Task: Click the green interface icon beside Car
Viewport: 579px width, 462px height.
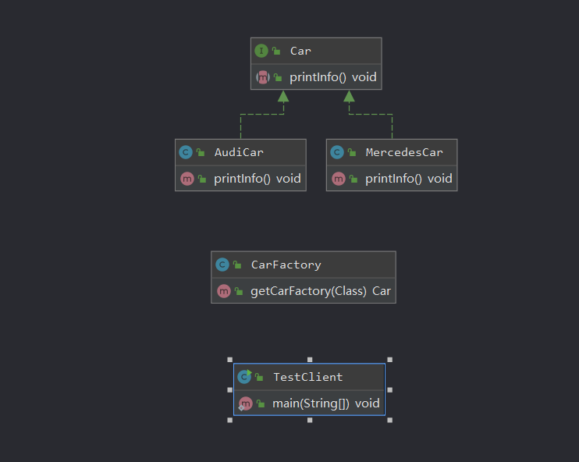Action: point(261,51)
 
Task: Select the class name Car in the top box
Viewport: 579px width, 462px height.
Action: point(300,51)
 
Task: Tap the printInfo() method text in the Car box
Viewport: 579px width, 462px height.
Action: point(318,77)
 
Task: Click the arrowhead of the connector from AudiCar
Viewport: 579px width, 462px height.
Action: point(283,97)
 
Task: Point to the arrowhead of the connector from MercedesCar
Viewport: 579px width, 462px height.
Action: point(349,97)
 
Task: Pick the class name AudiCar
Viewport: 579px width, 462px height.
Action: point(239,152)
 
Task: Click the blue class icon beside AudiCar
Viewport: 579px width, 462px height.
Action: point(186,152)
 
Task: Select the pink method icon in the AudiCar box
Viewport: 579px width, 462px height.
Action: point(187,179)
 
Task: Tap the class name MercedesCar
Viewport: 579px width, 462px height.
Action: point(404,152)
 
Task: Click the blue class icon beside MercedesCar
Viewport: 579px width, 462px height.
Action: point(337,152)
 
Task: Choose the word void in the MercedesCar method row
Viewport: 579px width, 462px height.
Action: point(440,179)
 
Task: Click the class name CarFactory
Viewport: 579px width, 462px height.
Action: point(286,265)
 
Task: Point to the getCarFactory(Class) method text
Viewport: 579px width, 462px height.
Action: point(309,291)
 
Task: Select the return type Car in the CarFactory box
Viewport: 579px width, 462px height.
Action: point(382,291)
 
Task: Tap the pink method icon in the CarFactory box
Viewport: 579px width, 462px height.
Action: point(224,291)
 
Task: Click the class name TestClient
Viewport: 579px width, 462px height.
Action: point(308,377)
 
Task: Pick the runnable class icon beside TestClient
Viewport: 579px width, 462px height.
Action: point(244,376)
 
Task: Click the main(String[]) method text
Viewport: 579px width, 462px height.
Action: point(311,403)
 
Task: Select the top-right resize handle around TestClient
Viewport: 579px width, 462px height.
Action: point(390,360)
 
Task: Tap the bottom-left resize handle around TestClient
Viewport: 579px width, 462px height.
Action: point(230,421)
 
